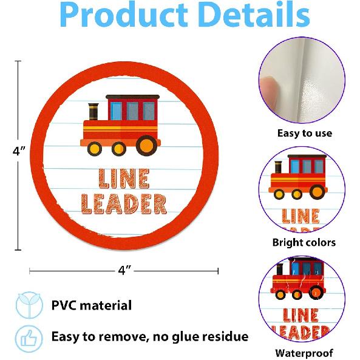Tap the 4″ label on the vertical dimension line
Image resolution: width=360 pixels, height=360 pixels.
[19, 151]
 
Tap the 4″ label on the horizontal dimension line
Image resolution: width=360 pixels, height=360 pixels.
[124, 271]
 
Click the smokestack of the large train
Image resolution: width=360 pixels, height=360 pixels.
[93, 112]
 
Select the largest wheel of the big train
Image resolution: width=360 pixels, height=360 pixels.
[147, 146]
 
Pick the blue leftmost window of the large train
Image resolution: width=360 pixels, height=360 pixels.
[116, 111]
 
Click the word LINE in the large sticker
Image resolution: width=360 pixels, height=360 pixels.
[124, 178]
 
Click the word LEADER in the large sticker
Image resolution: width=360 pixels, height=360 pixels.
[124, 204]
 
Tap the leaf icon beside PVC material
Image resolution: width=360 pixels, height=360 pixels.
[29, 305]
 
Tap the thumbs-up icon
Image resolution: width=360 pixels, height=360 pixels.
[29, 339]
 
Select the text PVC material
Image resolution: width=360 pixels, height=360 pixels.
[92, 305]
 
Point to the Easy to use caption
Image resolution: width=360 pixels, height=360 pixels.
[305, 133]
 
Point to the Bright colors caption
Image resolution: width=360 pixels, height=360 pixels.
[304, 242]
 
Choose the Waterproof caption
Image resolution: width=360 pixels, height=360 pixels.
[304, 353]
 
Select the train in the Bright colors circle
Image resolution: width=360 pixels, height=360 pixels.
[298, 177]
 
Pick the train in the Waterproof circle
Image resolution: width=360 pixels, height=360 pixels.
[299, 279]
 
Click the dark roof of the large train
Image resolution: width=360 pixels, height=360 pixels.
[132, 97]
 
